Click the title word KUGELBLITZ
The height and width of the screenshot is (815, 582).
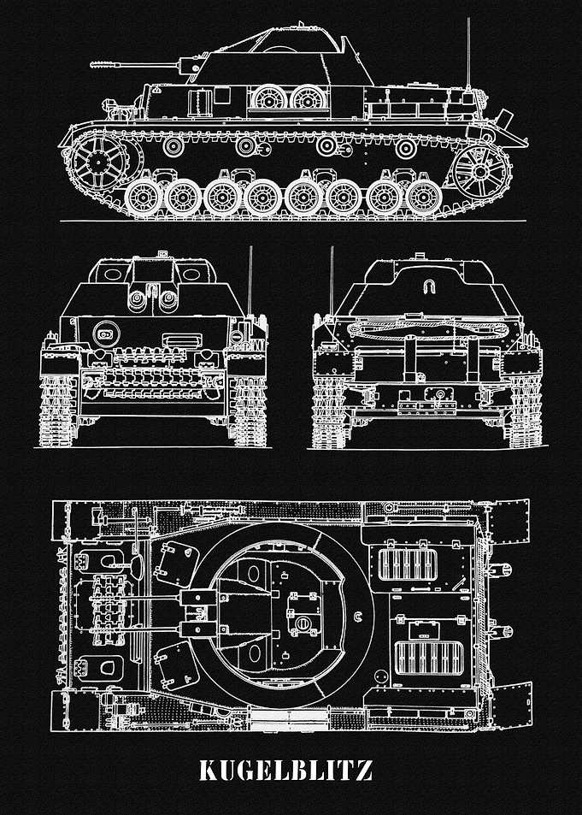[285, 771]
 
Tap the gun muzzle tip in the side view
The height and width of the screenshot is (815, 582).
[91, 64]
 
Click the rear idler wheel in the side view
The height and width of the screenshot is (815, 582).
[480, 172]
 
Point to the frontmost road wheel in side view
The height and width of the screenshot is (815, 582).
[143, 198]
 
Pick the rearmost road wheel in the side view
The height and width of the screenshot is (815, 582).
[424, 198]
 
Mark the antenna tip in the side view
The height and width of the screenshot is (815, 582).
[468, 19]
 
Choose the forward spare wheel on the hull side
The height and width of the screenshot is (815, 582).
[269, 98]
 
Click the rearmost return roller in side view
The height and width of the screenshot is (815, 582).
[406, 148]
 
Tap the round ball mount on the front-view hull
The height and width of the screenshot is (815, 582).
[106, 334]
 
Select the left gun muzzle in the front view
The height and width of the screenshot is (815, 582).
[138, 299]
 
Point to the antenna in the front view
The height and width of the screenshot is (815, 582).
[250, 281]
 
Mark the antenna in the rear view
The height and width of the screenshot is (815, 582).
[332, 281]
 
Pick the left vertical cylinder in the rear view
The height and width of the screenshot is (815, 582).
[410, 358]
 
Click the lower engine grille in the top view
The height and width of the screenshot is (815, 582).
[429, 658]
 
